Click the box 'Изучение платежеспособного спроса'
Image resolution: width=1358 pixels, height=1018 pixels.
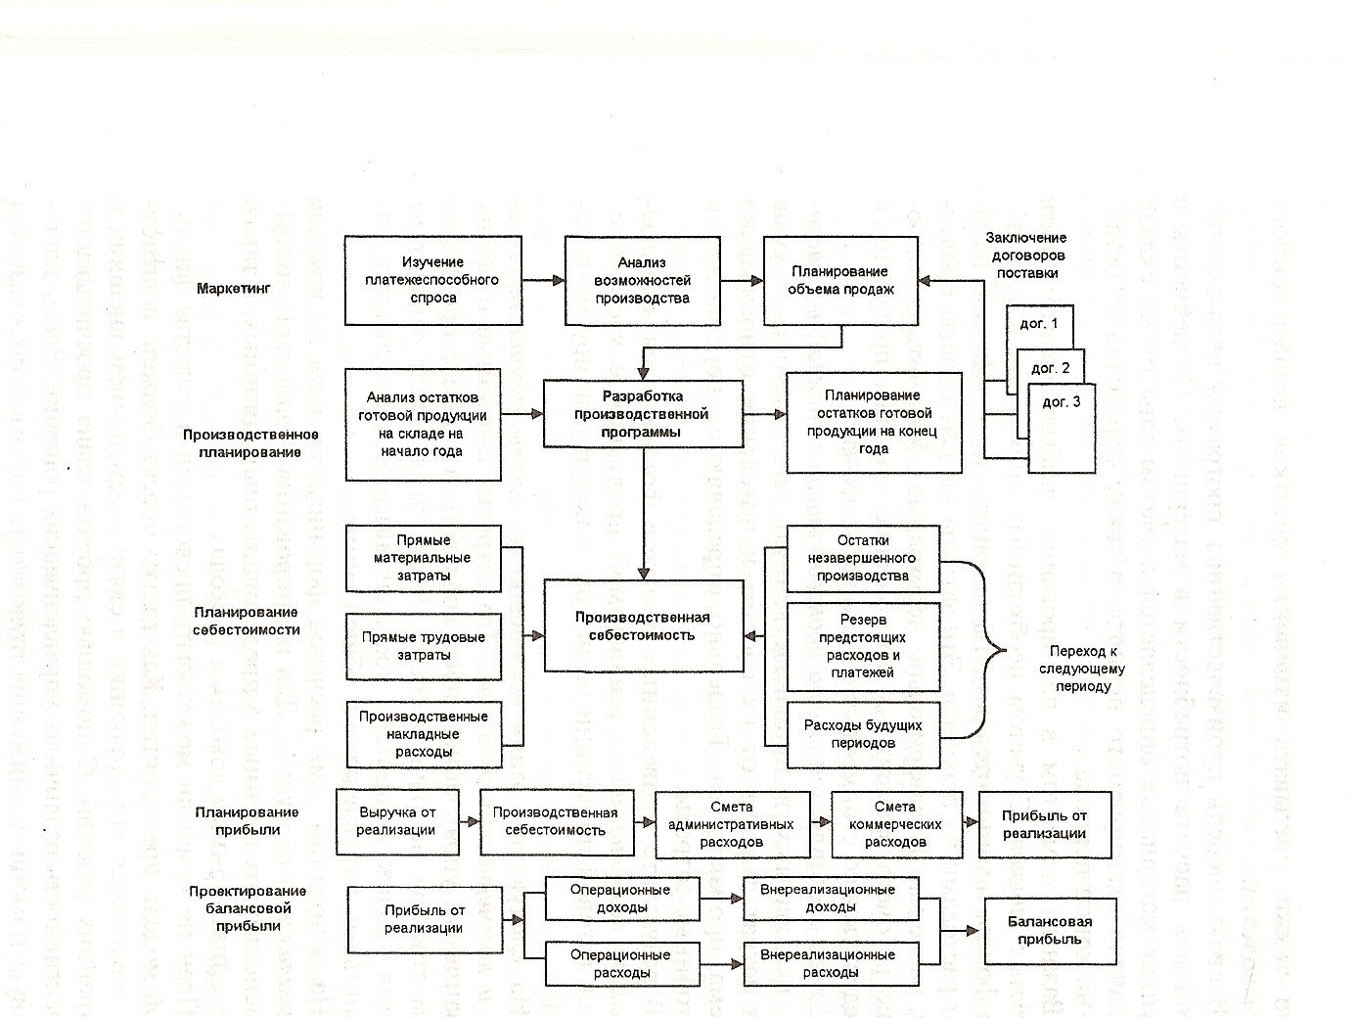click(x=433, y=280)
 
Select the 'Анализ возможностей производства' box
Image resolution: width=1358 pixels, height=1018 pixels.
click(x=642, y=280)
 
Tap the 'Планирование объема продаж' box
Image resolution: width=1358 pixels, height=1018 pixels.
click(x=840, y=280)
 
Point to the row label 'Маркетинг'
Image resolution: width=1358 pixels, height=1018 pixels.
click(x=233, y=288)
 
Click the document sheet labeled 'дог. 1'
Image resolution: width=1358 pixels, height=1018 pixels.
click(x=1039, y=324)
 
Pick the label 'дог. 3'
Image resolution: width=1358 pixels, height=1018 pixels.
click(x=1062, y=402)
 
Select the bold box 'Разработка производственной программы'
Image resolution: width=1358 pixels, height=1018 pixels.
click(x=642, y=414)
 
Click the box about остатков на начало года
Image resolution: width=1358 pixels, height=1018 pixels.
click(x=423, y=424)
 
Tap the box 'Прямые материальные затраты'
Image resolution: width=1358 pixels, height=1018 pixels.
click(x=423, y=558)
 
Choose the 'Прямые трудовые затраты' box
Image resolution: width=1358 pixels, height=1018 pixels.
click(x=423, y=646)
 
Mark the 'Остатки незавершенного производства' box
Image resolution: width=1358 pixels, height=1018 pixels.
click(x=862, y=558)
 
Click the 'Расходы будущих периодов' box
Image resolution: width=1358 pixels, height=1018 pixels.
click(x=862, y=734)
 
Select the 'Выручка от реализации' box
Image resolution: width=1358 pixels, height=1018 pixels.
click(x=396, y=821)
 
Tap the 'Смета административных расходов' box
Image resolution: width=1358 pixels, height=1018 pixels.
click(x=731, y=824)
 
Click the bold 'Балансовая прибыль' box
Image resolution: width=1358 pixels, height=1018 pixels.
click(x=1050, y=930)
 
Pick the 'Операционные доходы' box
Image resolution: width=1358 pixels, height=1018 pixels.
click(x=621, y=899)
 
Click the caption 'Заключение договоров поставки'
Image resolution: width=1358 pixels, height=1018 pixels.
click(x=1026, y=255)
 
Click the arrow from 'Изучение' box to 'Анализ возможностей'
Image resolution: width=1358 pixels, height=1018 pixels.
click(x=543, y=280)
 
